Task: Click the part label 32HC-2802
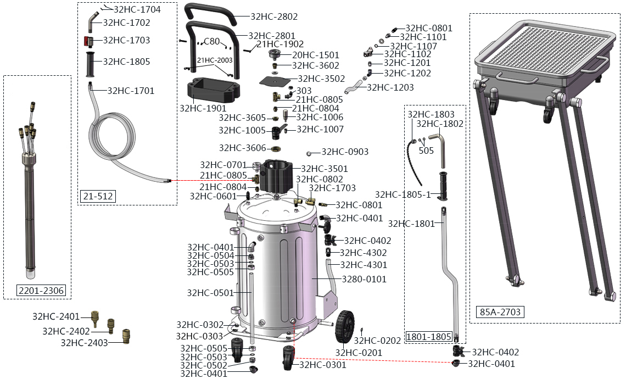pos(273,17)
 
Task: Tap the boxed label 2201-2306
pos(42,291)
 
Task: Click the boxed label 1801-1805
pos(429,336)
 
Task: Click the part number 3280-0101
pos(364,279)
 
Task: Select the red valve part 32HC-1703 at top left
pos(88,41)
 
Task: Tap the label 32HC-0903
pos(345,152)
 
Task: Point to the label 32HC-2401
pos(56,316)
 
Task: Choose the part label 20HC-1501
pos(315,55)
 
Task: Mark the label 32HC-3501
pos(325,169)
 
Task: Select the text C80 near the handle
pos(211,41)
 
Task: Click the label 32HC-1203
pos(390,87)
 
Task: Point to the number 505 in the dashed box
pos(426,150)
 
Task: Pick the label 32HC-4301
pos(364,265)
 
